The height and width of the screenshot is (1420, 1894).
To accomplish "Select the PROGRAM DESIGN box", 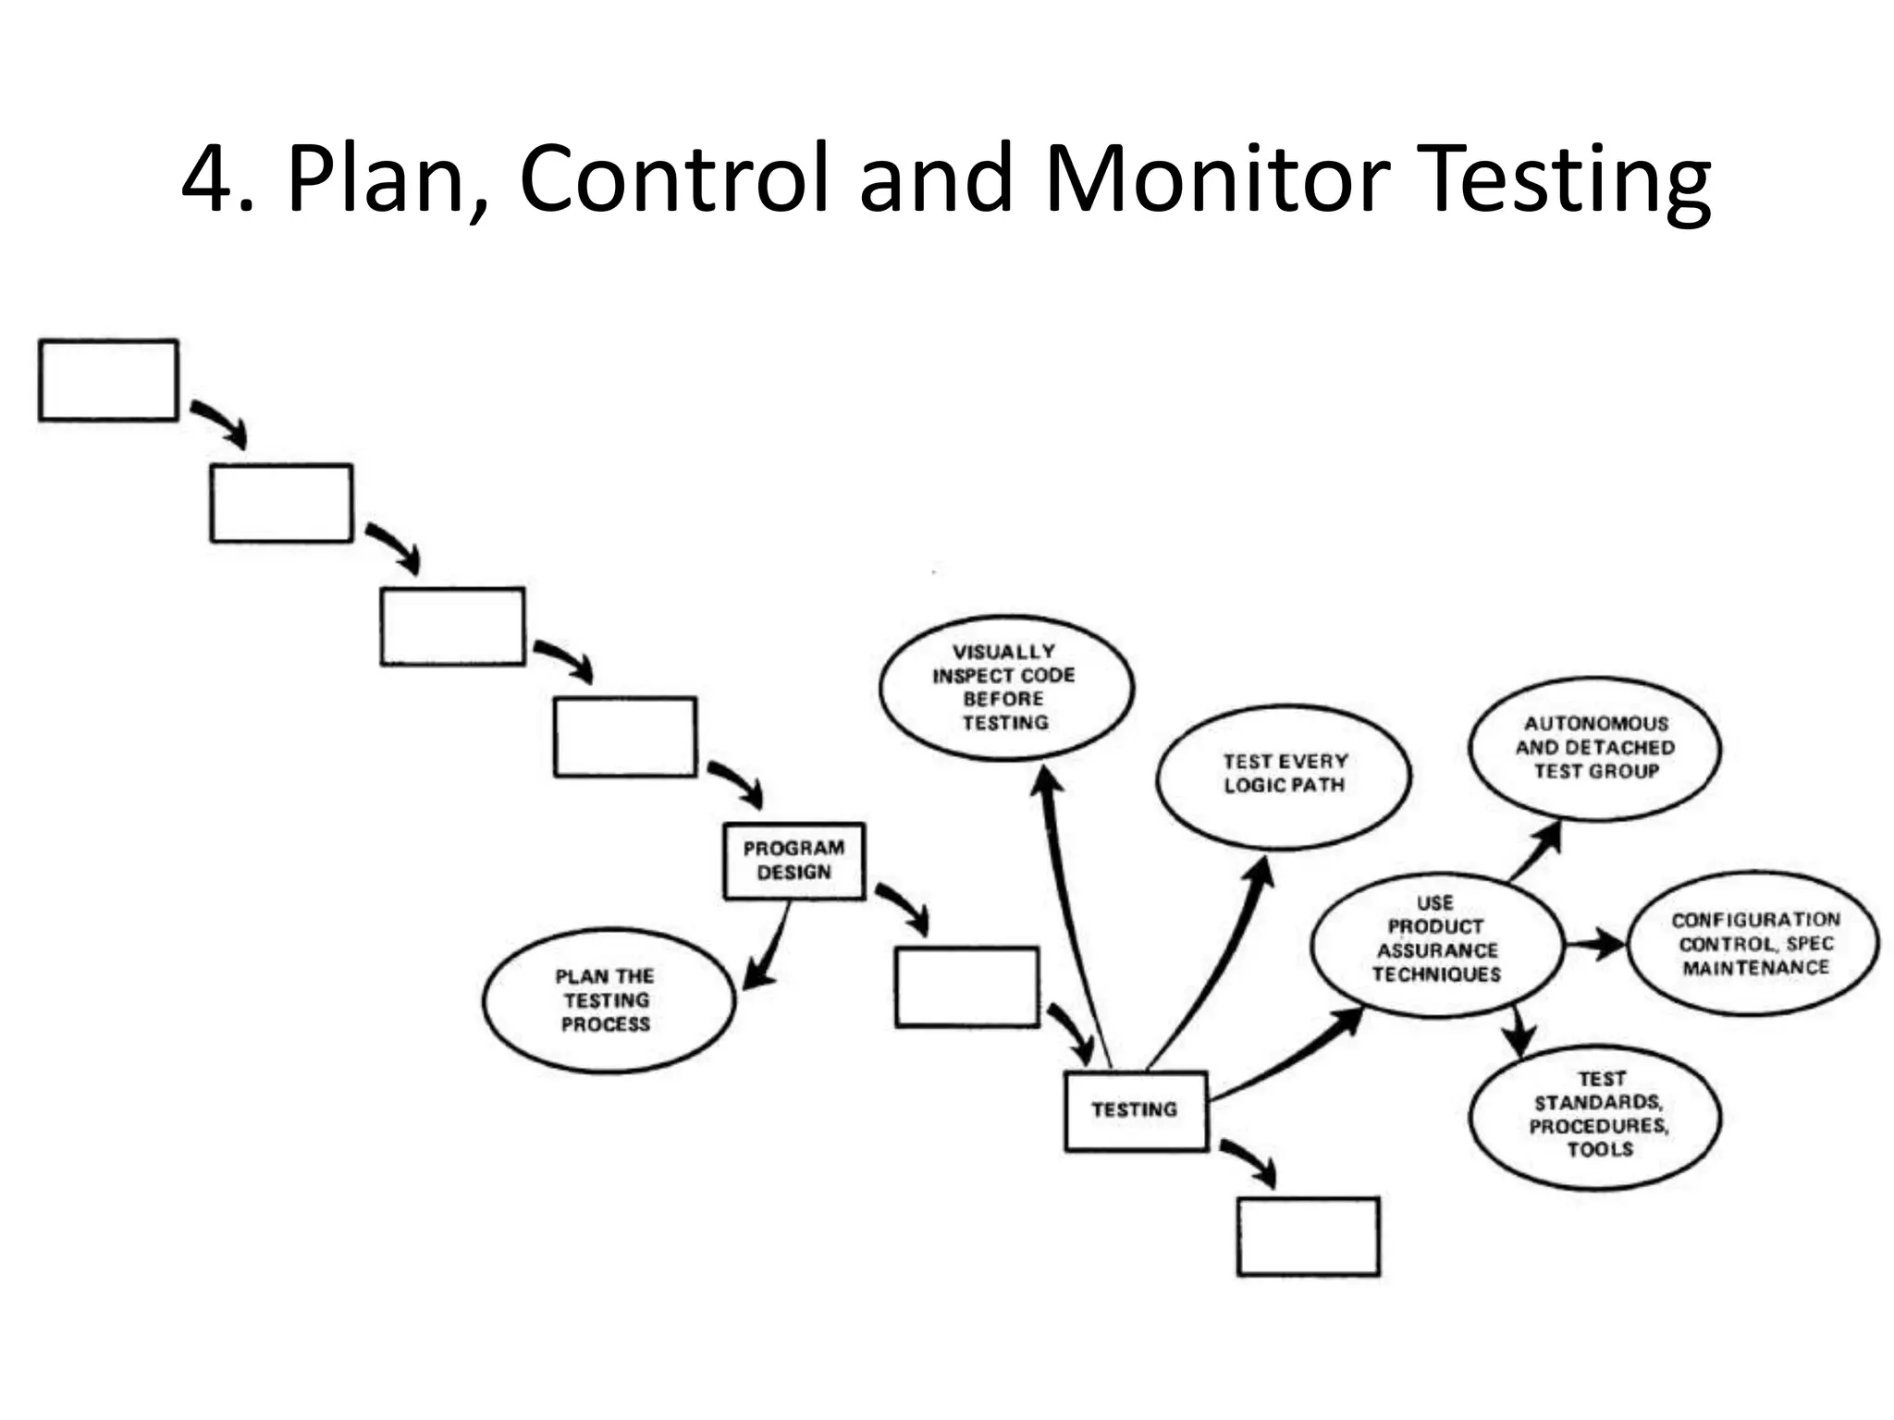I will coord(794,861).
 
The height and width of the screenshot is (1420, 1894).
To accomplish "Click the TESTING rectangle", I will coord(1136,1110).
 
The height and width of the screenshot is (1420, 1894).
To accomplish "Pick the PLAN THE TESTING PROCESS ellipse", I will coord(608,1000).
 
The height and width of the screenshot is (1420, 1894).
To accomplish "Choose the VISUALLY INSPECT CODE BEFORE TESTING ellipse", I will coord(1006,688).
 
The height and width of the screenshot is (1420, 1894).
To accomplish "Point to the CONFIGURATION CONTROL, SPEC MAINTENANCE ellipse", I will coord(1754,944).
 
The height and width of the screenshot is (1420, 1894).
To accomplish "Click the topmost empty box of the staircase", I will coord(108,380).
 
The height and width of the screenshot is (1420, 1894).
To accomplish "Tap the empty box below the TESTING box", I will coord(1308,1236).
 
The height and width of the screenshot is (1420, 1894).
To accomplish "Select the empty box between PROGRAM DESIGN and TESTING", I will coord(966,986).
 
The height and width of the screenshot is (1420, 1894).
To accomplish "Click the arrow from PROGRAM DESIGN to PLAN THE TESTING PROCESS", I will coord(770,952).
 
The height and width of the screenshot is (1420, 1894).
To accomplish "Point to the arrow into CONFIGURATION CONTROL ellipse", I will coord(1595,945).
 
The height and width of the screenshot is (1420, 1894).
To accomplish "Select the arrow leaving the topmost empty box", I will coord(220,422).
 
